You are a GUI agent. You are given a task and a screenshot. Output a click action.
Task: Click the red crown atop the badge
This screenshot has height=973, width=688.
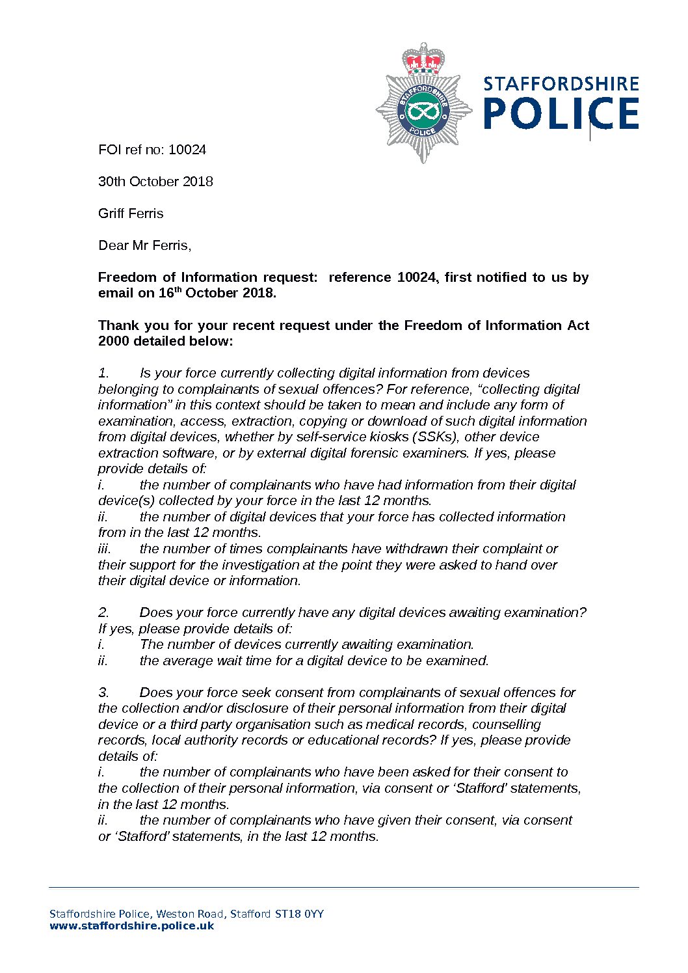pos(423,61)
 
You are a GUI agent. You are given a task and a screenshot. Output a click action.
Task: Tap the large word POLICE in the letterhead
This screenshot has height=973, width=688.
pos(561,115)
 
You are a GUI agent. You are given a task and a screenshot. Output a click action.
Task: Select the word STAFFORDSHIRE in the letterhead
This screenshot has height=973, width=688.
pos(561,84)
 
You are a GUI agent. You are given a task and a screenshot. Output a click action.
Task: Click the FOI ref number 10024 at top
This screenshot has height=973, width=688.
pos(187,150)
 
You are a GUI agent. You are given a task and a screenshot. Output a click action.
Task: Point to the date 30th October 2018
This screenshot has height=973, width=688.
pos(155,182)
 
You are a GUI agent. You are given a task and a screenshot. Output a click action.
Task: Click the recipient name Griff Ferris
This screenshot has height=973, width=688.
pos(131,213)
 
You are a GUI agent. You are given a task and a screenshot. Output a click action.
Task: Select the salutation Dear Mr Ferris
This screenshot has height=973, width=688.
pos(144,245)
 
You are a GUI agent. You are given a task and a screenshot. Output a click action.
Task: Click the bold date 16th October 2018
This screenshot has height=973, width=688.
pos(217,293)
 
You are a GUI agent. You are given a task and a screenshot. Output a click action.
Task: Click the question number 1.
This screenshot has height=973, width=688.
pos(103,373)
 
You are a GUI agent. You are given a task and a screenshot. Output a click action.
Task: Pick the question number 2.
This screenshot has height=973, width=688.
pos(103,612)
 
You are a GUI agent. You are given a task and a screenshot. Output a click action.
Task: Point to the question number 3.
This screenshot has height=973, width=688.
pos(103,692)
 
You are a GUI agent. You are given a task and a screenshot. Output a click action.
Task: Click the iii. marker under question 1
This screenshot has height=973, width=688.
pos(105,549)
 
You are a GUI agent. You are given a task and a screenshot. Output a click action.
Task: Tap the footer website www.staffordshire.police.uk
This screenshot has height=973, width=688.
pos(131,925)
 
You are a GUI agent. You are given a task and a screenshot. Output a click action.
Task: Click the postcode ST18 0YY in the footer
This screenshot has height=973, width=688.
pos(299,914)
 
